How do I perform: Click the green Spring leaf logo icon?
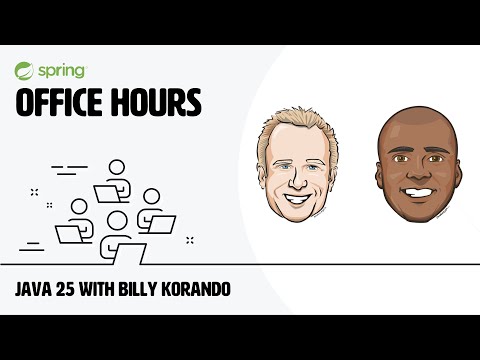coord(25,72)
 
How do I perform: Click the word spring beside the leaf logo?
coord(62,72)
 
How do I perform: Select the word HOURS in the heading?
coord(157,102)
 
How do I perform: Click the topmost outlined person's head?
coord(116,167)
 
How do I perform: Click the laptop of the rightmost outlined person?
coord(161,223)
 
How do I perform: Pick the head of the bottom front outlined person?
coord(119,220)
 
